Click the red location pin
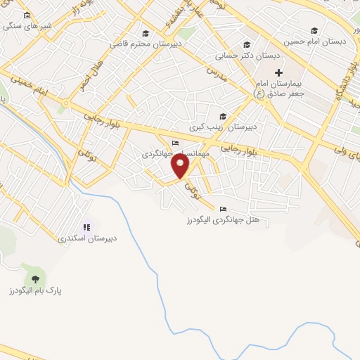(181, 165)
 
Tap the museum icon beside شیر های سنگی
(27, 15)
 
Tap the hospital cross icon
(278, 72)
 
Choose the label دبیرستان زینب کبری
(223, 127)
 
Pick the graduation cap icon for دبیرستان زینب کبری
(223, 116)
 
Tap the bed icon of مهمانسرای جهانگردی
(174, 144)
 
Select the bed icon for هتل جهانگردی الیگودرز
(223, 209)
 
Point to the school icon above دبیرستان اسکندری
(87, 227)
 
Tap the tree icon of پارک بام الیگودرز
(35, 278)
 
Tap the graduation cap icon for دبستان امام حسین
(314, 30)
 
